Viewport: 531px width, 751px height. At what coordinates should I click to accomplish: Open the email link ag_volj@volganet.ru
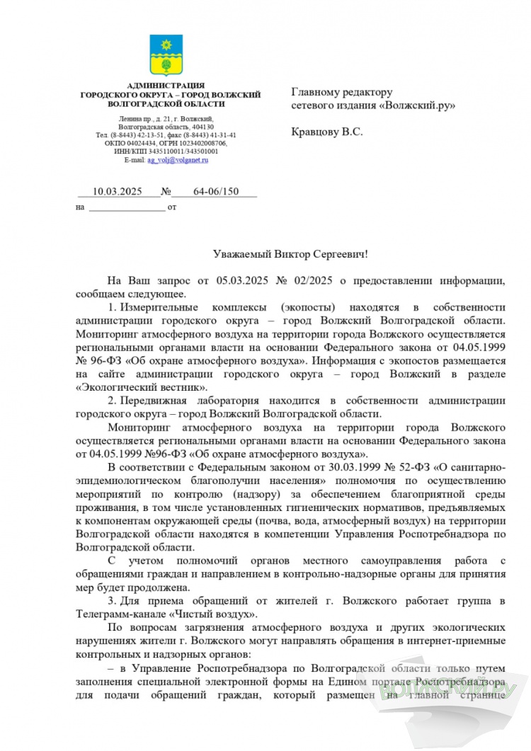tap(178, 161)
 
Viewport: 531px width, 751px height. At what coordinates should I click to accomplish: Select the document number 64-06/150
tap(215, 192)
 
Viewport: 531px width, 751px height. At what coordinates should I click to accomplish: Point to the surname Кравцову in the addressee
tap(316, 131)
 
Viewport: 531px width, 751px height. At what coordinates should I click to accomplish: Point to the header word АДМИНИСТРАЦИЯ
tap(170, 86)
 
